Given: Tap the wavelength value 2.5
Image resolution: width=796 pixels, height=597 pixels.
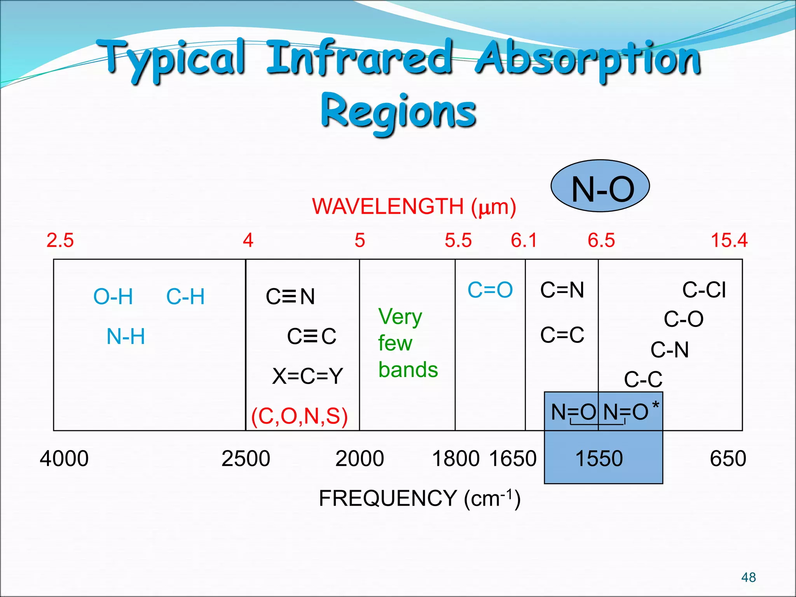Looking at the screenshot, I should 60,240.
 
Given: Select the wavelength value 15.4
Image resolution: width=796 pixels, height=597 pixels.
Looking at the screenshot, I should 729,240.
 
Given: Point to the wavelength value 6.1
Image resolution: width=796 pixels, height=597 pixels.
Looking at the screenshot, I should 524,240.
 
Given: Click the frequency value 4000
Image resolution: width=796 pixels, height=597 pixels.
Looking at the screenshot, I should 64,458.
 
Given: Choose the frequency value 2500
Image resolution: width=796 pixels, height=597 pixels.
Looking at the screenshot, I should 246,458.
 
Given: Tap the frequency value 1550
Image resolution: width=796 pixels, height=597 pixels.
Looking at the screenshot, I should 599,458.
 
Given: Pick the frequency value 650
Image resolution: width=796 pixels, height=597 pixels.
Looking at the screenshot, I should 728,458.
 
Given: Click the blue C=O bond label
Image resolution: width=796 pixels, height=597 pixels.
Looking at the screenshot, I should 490,290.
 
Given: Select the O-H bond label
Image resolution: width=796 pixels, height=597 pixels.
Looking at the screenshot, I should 113,297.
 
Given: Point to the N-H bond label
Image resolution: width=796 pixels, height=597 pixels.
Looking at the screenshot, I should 126,336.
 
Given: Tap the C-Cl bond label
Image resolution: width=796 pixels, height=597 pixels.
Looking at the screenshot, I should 704,290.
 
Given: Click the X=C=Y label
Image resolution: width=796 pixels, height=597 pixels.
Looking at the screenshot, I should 307,376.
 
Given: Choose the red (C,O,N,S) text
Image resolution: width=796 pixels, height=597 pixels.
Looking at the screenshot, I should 299,416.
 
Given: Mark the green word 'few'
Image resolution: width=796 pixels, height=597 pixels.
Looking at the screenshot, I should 395,343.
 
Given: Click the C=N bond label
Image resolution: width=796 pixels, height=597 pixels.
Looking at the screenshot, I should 562,290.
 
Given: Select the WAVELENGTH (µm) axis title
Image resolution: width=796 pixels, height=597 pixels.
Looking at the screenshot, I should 414,206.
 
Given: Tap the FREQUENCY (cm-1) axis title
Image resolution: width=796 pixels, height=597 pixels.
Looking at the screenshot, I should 419,498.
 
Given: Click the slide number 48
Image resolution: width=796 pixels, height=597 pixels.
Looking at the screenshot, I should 748,577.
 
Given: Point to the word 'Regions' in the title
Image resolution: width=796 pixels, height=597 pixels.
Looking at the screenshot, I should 398,112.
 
